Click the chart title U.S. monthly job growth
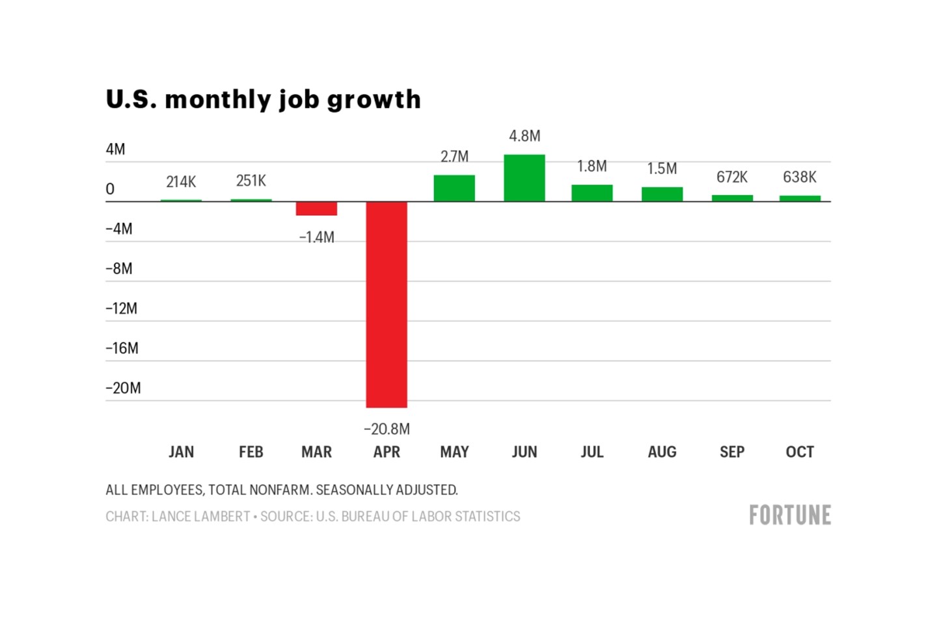(263, 99)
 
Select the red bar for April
(387, 304)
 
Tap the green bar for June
(524, 178)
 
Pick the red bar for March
(316, 209)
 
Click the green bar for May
(454, 188)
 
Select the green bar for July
(592, 193)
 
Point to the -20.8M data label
(387, 429)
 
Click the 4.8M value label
(524, 136)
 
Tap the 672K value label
(732, 177)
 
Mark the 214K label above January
(181, 182)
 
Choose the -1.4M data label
(316, 237)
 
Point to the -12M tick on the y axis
(122, 309)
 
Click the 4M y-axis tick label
(115, 149)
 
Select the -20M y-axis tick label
(123, 388)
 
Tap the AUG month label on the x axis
(662, 452)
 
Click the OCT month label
(800, 452)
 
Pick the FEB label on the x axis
(251, 452)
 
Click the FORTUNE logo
(790, 515)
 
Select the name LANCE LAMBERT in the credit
(200, 517)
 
